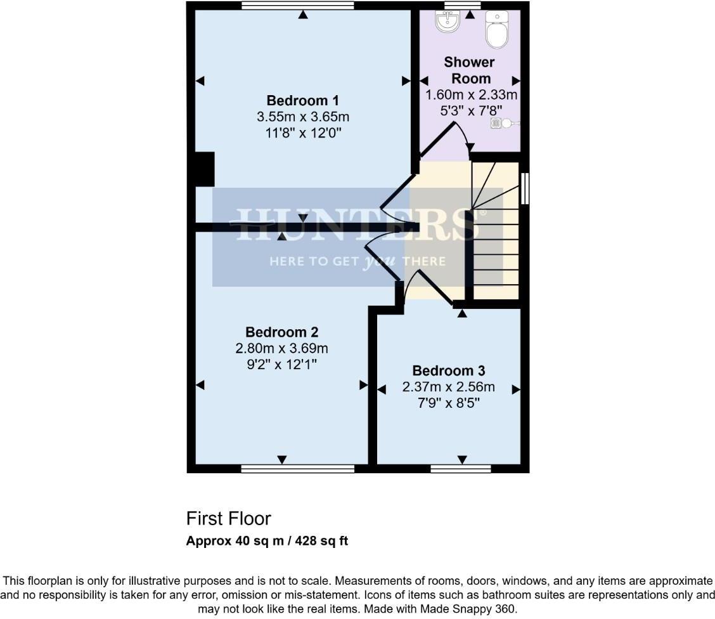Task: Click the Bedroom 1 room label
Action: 303,101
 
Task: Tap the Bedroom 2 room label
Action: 282,332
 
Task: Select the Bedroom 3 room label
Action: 449,370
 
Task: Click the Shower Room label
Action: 469,70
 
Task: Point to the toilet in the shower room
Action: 496,29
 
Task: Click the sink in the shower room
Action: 448,22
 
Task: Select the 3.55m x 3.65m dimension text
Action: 303,117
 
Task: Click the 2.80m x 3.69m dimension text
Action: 282,348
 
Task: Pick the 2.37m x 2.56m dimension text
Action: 449,387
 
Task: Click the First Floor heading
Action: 228,519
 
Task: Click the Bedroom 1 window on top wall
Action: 297,6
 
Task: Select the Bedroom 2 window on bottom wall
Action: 297,469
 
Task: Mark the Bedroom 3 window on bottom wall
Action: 460,469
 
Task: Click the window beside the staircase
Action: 524,188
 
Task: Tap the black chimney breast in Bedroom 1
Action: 203,169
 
